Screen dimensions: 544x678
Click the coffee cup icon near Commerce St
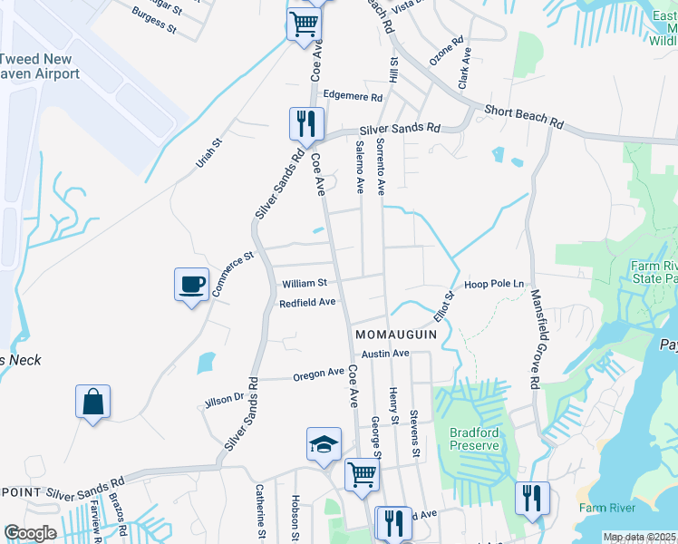(x=191, y=285)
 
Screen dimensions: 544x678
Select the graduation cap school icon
(x=324, y=444)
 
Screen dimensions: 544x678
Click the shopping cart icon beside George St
(x=362, y=474)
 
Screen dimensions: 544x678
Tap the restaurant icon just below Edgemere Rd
(x=306, y=123)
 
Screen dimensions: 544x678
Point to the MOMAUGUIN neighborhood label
(x=397, y=334)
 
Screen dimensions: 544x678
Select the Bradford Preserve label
(x=474, y=439)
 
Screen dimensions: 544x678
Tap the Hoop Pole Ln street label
(x=495, y=284)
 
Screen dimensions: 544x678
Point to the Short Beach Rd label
(x=524, y=115)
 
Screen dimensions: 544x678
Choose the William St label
(x=304, y=283)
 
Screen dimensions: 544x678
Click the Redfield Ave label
(x=307, y=302)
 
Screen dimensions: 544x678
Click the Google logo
(x=30, y=533)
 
